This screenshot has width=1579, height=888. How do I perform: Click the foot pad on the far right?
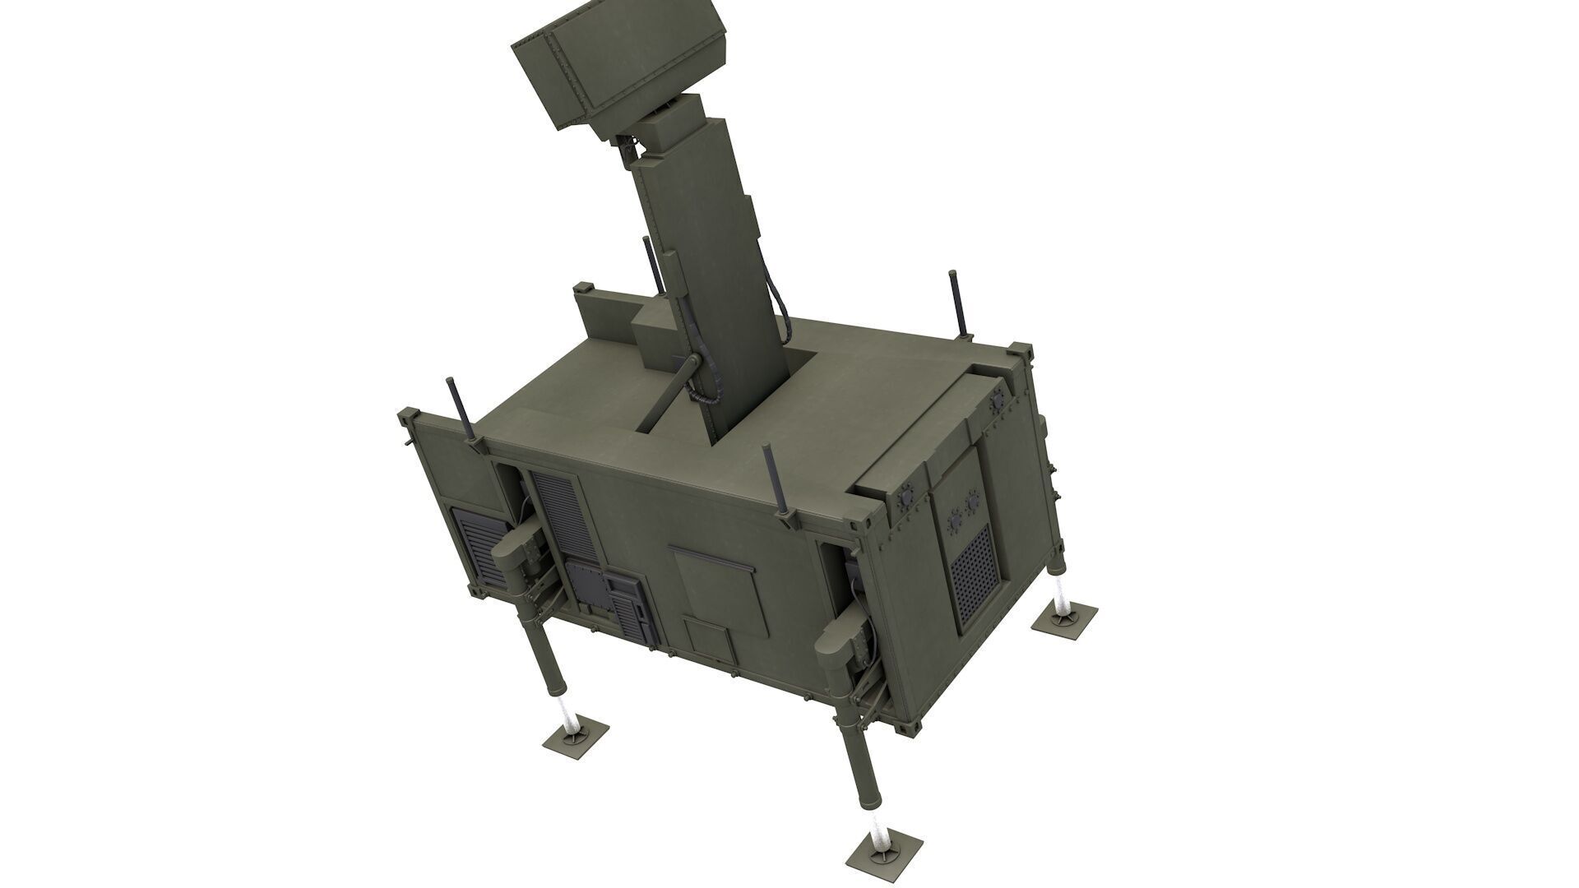coord(1064,617)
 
